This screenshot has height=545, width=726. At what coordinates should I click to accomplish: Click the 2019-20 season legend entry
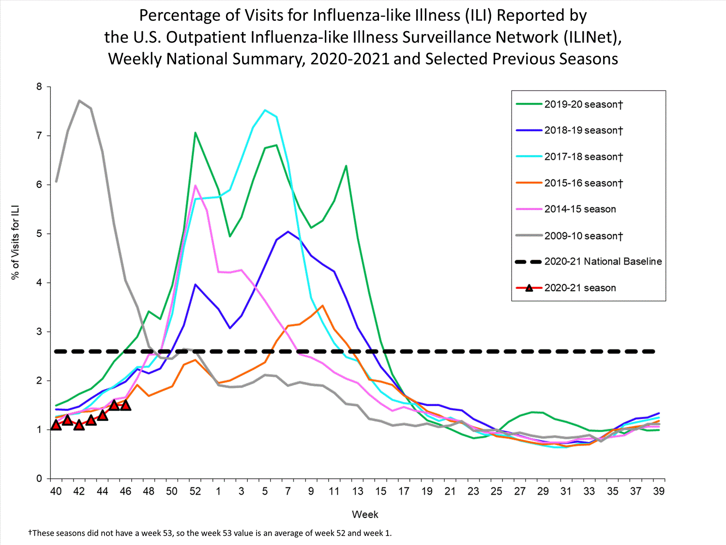(x=583, y=104)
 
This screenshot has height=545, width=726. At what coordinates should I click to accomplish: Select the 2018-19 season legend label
(x=583, y=130)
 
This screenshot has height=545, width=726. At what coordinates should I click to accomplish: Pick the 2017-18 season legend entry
(x=583, y=156)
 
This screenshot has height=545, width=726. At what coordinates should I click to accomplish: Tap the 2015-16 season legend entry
(x=583, y=183)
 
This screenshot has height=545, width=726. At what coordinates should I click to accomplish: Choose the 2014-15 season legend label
(x=580, y=209)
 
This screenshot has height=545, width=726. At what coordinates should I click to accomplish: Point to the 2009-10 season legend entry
(x=583, y=236)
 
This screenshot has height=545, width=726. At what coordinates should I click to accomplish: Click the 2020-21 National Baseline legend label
(x=603, y=262)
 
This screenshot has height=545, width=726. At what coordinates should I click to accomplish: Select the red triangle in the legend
(x=529, y=288)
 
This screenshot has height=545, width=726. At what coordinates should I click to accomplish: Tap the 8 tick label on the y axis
(x=39, y=87)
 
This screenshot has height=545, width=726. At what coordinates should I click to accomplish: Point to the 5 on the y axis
(x=39, y=234)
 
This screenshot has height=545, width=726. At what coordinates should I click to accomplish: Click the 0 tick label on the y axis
(x=39, y=479)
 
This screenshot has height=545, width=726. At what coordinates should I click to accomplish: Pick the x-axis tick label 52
(x=195, y=491)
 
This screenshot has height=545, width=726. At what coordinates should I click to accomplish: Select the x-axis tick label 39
(x=659, y=491)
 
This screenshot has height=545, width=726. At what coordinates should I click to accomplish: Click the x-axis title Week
(x=365, y=514)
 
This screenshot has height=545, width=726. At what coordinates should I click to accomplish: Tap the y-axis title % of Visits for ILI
(x=15, y=242)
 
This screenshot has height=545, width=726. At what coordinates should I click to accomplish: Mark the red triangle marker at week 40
(x=56, y=425)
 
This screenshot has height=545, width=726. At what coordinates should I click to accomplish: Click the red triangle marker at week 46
(x=125, y=405)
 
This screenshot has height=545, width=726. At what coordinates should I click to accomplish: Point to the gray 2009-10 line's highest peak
(x=79, y=101)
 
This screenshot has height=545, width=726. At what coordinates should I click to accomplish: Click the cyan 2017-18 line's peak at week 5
(x=265, y=110)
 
